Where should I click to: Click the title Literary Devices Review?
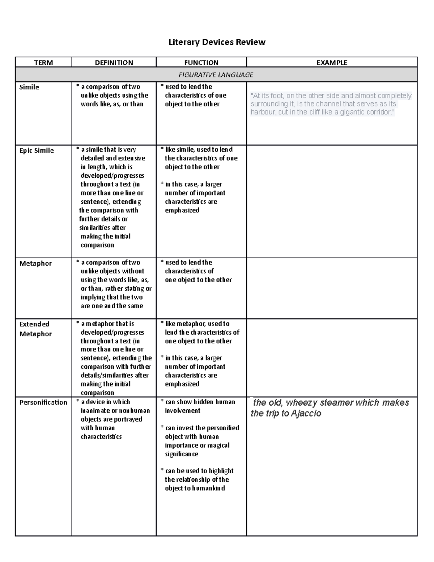click(x=217, y=42)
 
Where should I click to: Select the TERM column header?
click(x=43, y=63)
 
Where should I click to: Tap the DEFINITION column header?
click(x=114, y=63)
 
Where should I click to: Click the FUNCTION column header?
click(x=201, y=63)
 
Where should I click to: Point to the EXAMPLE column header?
click(x=332, y=63)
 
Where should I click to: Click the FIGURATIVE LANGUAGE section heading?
click(x=216, y=75)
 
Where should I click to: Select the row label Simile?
click(x=29, y=87)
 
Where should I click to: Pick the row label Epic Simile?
click(x=37, y=151)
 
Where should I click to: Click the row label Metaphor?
click(x=35, y=263)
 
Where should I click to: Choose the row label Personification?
click(x=43, y=402)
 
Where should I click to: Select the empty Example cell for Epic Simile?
click(x=332, y=201)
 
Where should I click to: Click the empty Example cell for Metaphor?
click(x=332, y=288)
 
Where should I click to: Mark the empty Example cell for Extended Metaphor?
click(x=332, y=358)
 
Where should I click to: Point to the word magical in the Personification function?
click(x=218, y=445)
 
